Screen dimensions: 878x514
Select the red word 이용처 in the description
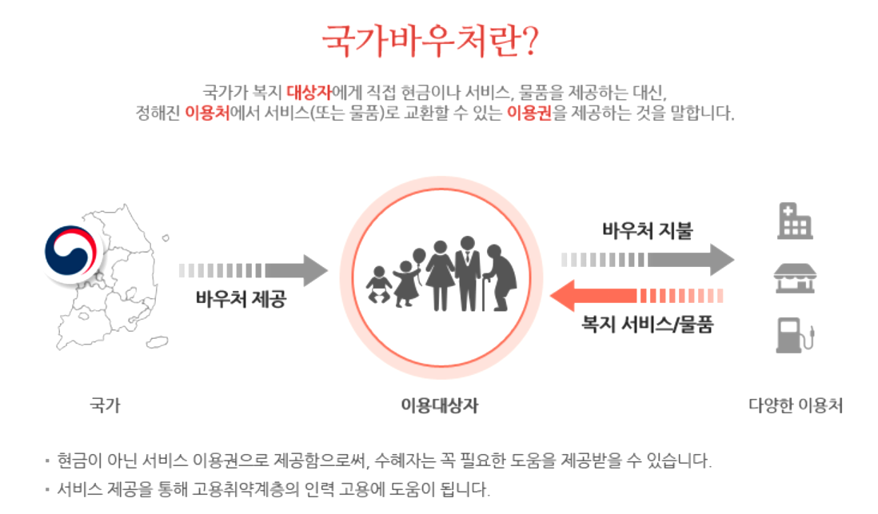click(x=207, y=113)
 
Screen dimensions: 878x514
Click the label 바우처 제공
click(x=240, y=301)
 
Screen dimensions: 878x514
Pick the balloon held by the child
click(x=419, y=256)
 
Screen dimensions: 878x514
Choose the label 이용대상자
click(x=439, y=405)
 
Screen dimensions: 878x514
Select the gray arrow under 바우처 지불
click(x=648, y=259)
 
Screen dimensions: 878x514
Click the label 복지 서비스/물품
click(x=647, y=325)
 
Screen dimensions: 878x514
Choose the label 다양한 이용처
click(x=796, y=405)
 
